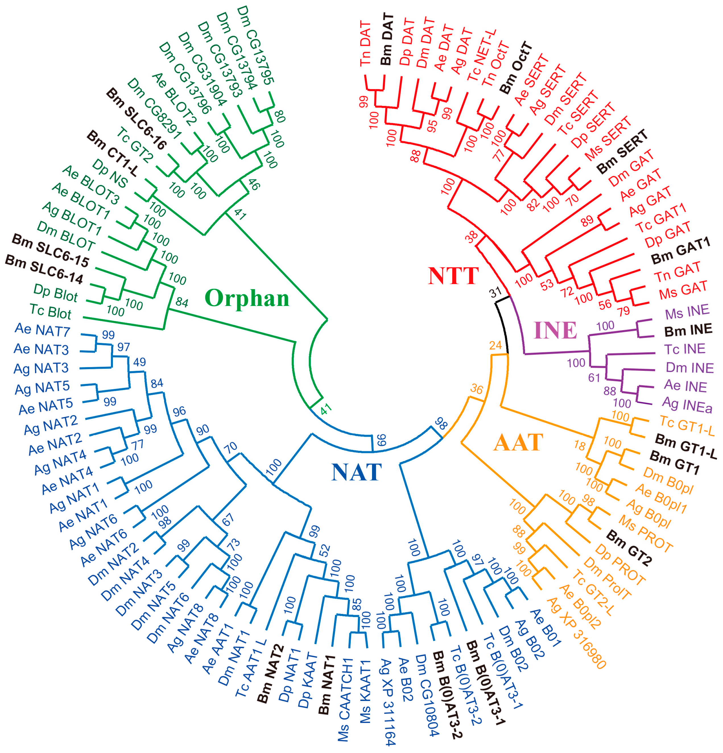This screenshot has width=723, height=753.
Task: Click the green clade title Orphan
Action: click(247, 298)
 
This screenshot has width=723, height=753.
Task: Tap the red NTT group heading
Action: click(453, 276)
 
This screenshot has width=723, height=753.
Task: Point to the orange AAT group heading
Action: click(518, 442)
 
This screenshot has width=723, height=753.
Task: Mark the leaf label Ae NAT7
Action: click(42, 330)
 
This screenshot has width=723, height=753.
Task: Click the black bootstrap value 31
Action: click(495, 292)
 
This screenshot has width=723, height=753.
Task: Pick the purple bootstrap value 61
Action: click(594, 378)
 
